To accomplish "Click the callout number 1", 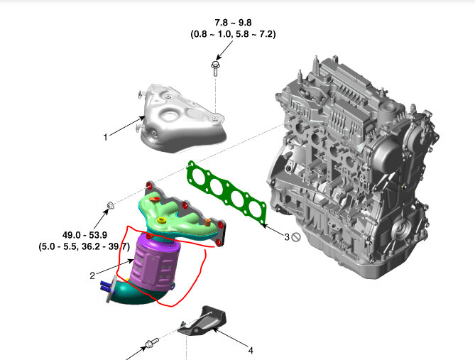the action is [x=105, y=137].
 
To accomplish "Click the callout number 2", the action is [x=92, y=276].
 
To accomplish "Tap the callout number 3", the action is [x=287, y=236].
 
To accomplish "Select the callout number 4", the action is [x=251, y=351].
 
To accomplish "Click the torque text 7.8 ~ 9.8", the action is [x=233, y=23].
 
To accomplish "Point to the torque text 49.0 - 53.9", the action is [x=84, y=235].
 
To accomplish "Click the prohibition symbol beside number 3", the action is [x=296, y=237].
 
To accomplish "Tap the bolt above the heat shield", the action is [x=215, y=68].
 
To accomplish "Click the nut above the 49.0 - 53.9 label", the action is [x=110, y=205].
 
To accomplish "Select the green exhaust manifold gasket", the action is [x=226, y=193].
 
